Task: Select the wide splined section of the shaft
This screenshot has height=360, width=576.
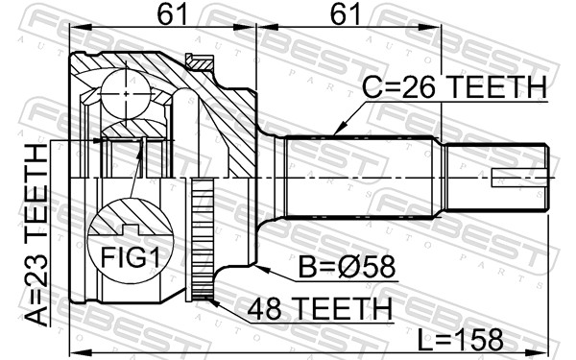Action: click(365, 178)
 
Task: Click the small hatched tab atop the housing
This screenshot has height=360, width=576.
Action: click(200, 61)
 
